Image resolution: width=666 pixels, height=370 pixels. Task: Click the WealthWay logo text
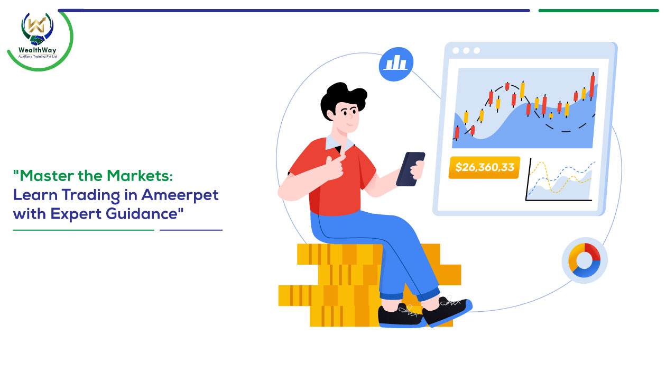pyautogui.click(x=37, y=50)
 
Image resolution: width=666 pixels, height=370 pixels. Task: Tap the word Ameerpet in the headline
pyautogui.click(x=180, y=195)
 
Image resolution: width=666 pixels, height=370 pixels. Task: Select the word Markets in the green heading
pyautogui.click(x=140, y=176)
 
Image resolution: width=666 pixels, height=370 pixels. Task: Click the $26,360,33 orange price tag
pyautogui.click(x=484, y=167)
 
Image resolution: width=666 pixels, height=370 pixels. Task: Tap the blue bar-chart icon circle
pyautogui.click(x=396, y=64)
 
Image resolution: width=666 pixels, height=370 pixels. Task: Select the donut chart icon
pyautogui.click(x=584, y=260)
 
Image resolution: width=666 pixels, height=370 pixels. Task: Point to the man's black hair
pyautogui.click(x=341, y=98)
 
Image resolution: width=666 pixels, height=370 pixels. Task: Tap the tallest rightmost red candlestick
pyautogui.click(x=592, y=86)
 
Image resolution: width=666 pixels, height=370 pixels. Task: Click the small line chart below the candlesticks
pyautogui.click(x=560, y=181)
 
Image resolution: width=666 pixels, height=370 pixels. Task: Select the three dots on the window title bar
pyautogui.click(x=466, y=51)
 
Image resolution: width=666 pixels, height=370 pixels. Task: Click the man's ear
pyautogui.click(x=330, y=114)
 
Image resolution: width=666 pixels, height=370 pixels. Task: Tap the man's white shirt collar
pyautogui.click(x=339, y=143)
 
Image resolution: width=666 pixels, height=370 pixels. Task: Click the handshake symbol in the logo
pyautogui.click(x=37, y=40)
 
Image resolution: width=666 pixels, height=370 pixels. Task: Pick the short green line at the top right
pyautogui.click(x=598, y=11)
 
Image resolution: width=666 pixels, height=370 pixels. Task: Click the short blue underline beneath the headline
pyautogui.click(x=191, y=230)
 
